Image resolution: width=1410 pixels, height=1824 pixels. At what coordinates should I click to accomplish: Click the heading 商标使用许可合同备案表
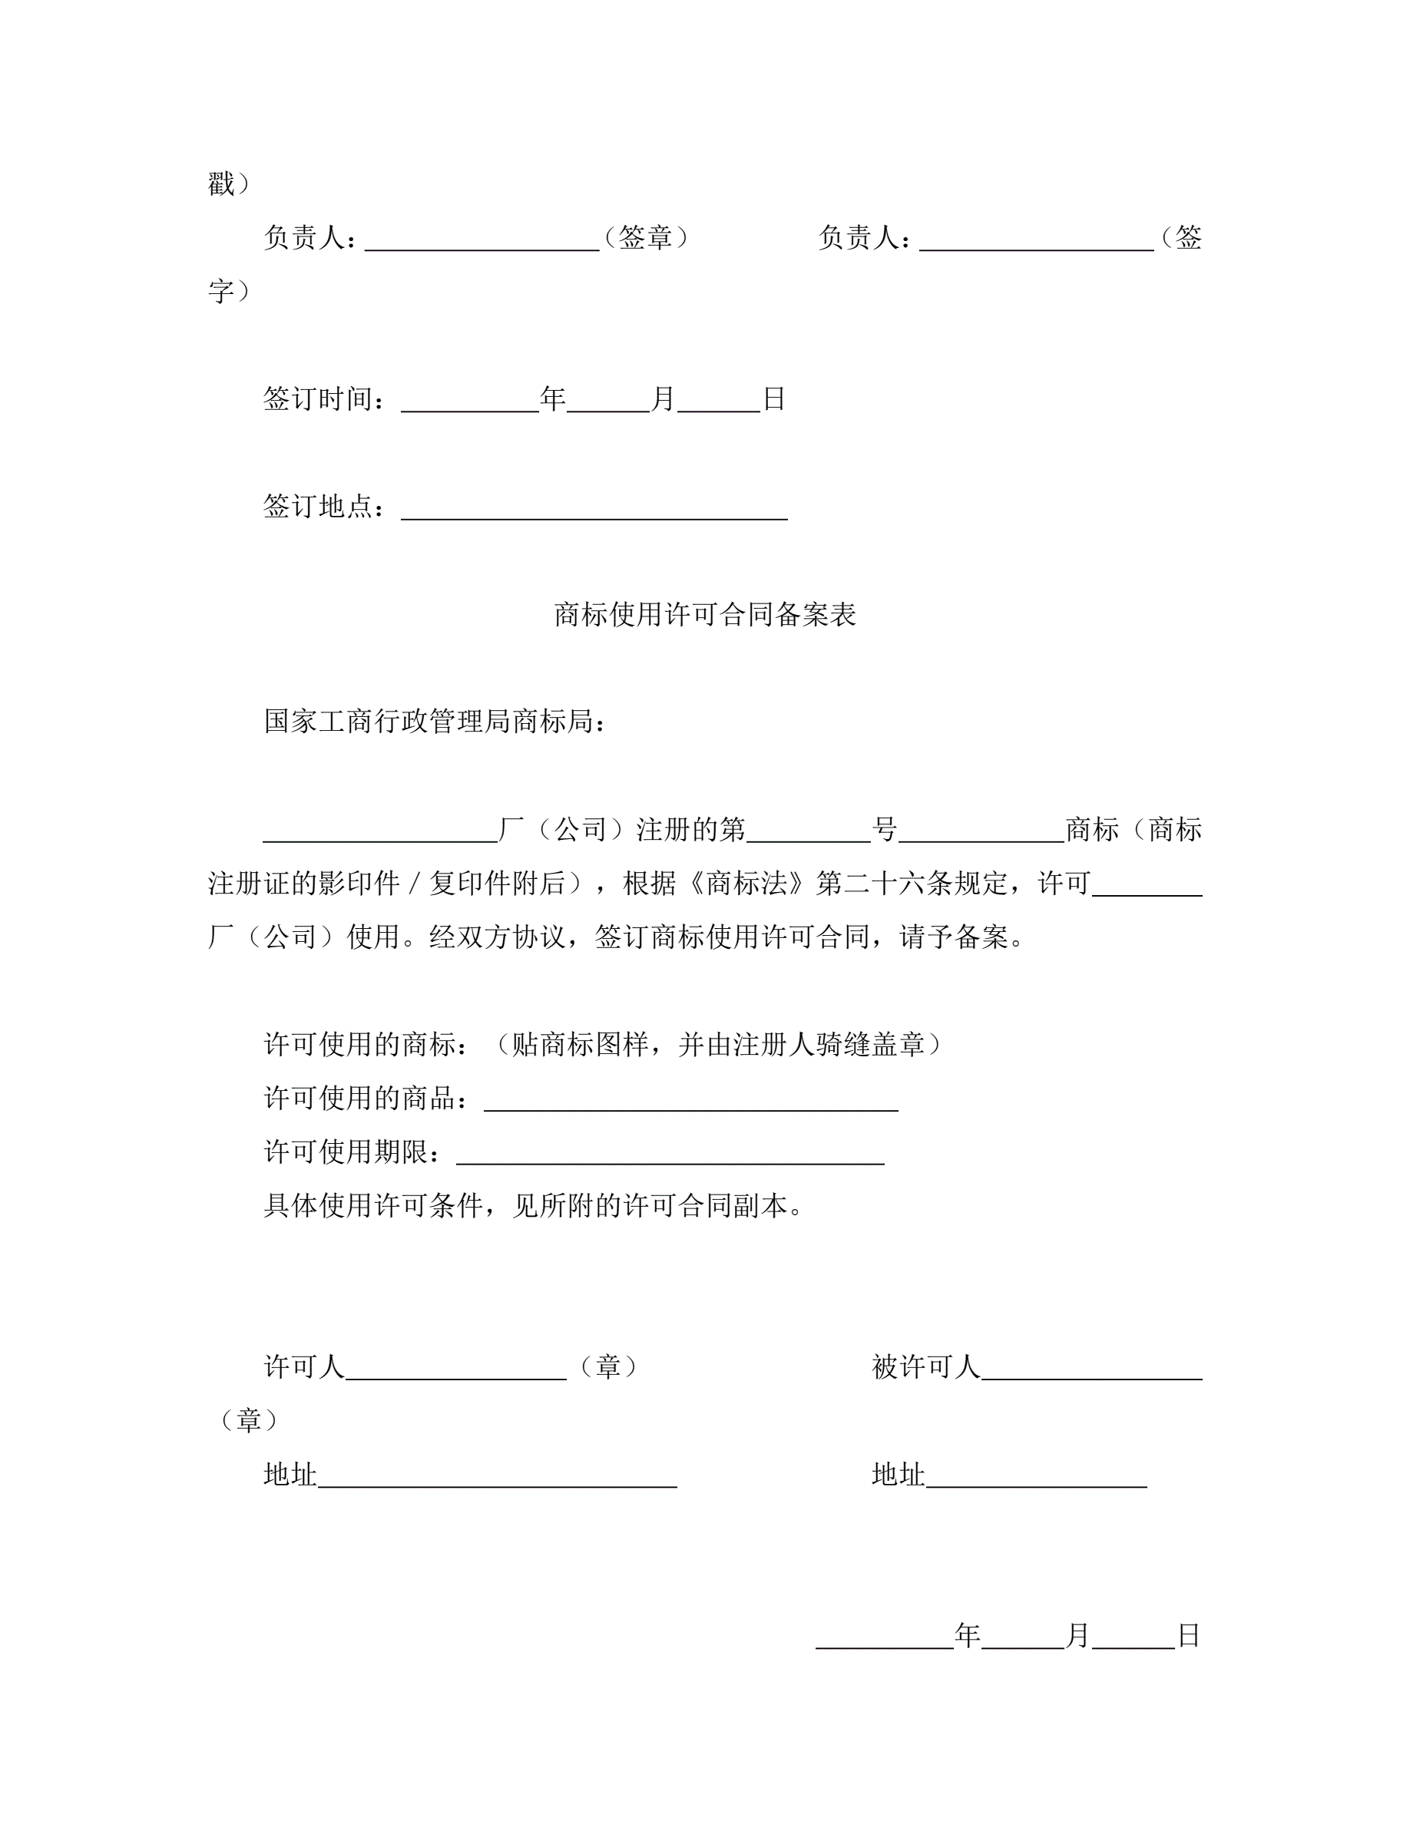point(704,615)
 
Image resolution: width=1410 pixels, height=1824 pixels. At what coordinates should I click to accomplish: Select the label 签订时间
point(318,399)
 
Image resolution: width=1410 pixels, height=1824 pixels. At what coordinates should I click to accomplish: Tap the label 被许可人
point(925,1367)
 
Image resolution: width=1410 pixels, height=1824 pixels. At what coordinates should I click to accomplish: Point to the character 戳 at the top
point(221,183)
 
